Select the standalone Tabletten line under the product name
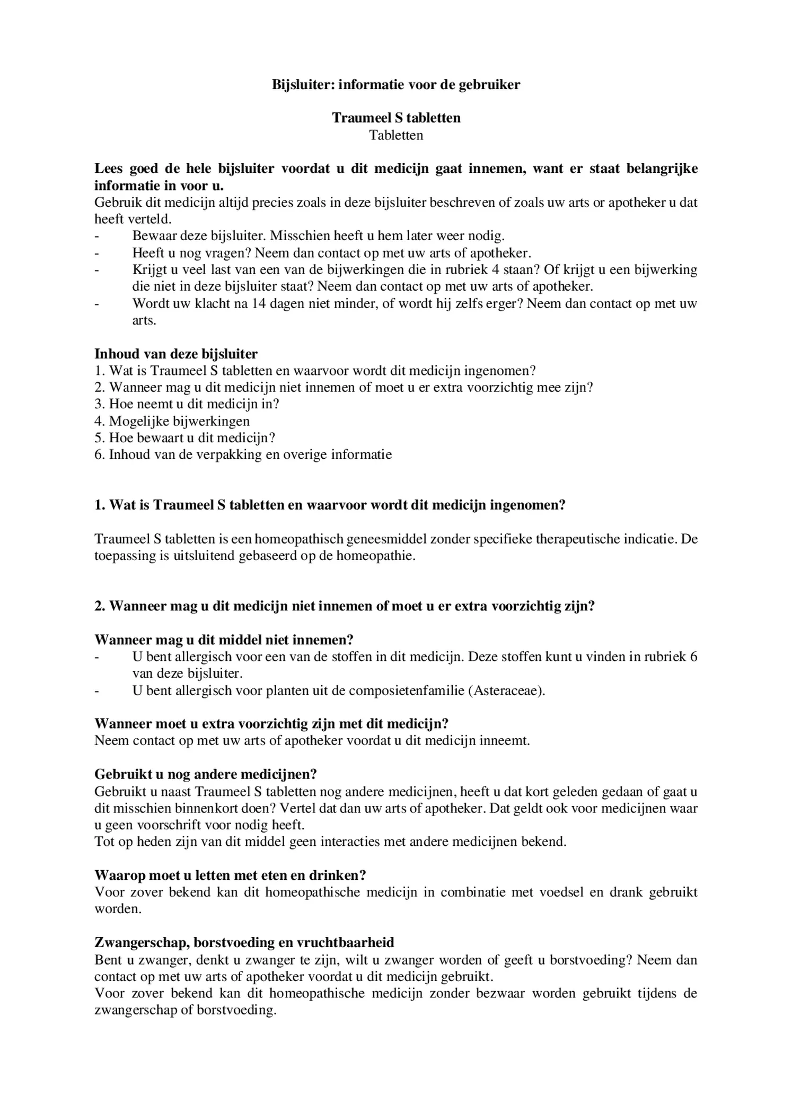396,135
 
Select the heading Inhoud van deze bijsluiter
176,354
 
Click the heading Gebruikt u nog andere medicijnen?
206,774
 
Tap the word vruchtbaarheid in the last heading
347,942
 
